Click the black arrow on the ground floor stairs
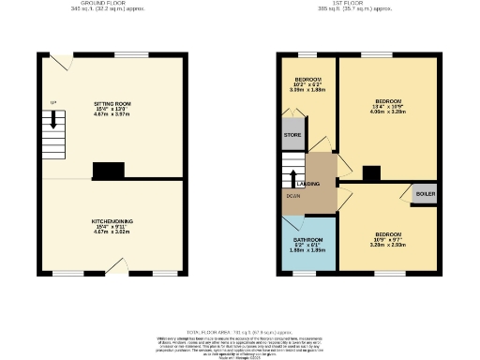53,119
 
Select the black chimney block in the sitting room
107,170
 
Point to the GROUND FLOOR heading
97,3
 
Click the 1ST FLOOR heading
357,3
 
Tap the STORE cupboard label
292,135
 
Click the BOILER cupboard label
425,193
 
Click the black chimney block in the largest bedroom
371,172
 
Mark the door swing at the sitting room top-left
60,61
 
